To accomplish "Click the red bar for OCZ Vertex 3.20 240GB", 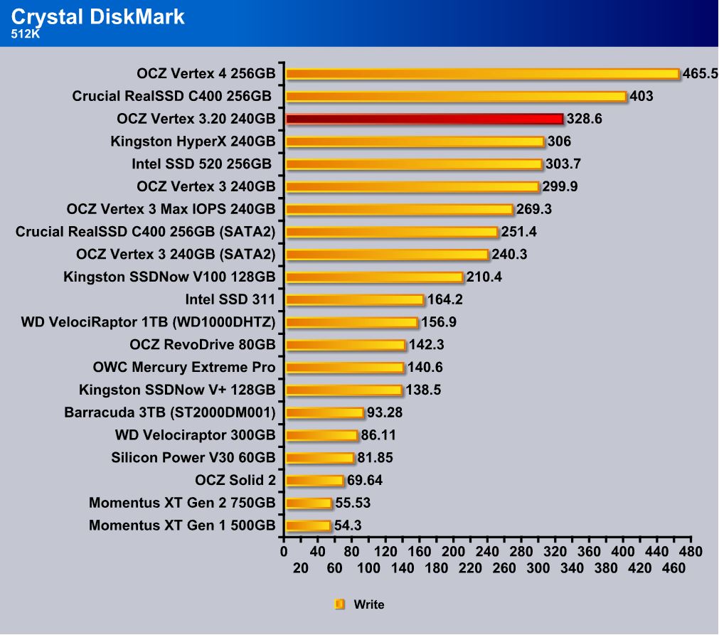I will [423, 119].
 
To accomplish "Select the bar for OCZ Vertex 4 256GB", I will [481, 74].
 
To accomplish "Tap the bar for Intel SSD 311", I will [353, 300].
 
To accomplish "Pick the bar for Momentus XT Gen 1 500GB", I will [307, 526].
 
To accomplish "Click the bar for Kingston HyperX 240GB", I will [414, 142].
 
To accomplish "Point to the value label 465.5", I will [700, 74].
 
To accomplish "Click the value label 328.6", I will [584, 119].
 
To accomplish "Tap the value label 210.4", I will [484, 277].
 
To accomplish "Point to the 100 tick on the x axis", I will [368, 568].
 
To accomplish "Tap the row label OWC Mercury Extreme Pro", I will [184, 368].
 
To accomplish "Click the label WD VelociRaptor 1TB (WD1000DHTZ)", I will [149, 323].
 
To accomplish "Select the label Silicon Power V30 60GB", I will [193, 458].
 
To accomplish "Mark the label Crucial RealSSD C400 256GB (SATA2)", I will [145, 232].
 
